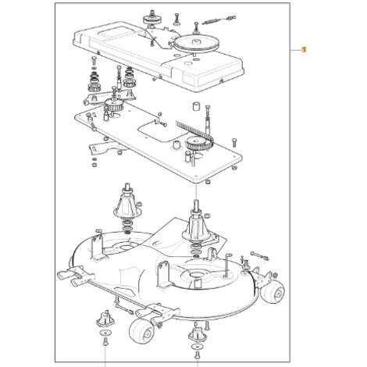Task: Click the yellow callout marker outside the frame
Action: [x=304, y=49]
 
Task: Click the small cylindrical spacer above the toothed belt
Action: [x=196, y=106]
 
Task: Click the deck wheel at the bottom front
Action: [x=141, y=330]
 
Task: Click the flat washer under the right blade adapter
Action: [x=197, y=347]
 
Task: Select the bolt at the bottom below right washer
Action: [x=197, y=355]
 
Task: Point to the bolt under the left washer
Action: [x=105, y=342]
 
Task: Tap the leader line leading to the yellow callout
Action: [x=295, y=50]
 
